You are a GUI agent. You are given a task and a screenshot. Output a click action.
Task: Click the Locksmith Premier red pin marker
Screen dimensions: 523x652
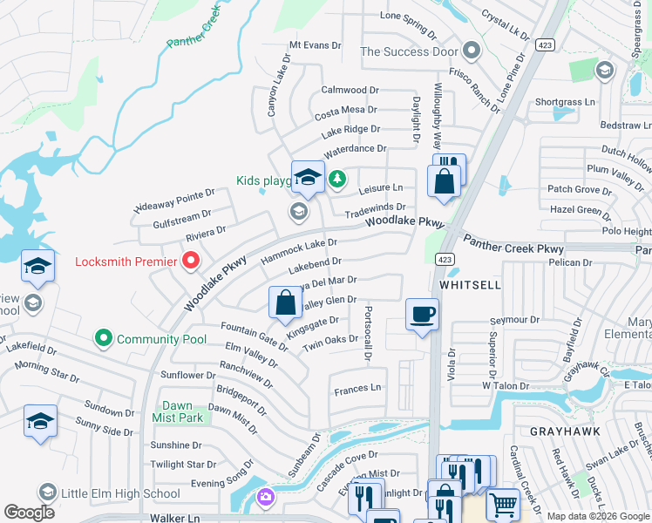(x=189, y=261)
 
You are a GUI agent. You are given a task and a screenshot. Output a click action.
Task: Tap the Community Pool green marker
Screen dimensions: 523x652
(x=104, y=338)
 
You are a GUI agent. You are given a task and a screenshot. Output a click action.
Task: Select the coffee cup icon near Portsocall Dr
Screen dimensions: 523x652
(x=422, y=315)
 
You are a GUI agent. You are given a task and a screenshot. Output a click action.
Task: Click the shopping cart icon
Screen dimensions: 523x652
(x=502, y=504)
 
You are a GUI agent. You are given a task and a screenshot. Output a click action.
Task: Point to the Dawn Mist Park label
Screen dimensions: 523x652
(x=178, y=411)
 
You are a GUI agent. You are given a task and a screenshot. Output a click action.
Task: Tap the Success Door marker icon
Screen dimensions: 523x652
(x=472, y=51)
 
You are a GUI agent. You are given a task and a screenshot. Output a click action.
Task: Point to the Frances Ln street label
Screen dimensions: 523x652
(x=358, y=388)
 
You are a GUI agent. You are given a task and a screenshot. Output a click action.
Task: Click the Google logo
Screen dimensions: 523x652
(x=30, y=513)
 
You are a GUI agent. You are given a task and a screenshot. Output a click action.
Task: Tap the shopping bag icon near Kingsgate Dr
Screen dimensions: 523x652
(x=286, y=303)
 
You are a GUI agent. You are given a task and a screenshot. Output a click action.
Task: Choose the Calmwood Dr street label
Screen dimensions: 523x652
(x=350, y=90)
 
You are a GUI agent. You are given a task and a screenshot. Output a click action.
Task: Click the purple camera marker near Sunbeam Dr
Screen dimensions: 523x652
(x=265, y=498)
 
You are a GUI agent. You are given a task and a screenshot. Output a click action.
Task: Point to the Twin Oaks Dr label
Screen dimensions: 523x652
(x=330, y=343)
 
